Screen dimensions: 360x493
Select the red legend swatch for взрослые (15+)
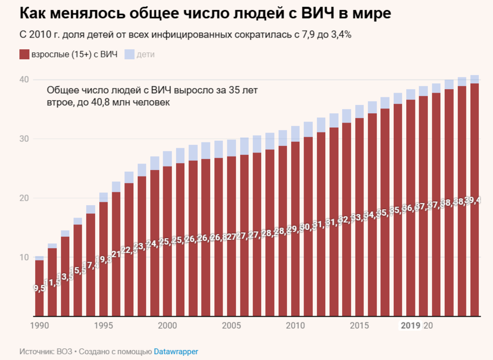24,55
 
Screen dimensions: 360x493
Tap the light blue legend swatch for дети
130,55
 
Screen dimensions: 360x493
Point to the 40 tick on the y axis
23,80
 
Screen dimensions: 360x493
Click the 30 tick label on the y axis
23,139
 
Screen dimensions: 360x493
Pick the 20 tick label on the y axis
23,198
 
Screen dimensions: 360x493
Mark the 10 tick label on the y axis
23,257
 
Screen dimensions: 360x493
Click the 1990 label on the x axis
39,325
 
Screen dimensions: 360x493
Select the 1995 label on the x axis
103,325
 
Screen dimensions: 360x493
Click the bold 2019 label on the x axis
410,325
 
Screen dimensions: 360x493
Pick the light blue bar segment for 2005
231,148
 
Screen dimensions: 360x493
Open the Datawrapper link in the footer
175,352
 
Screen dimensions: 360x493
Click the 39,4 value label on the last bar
474,201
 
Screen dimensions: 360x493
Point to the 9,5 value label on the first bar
39,288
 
